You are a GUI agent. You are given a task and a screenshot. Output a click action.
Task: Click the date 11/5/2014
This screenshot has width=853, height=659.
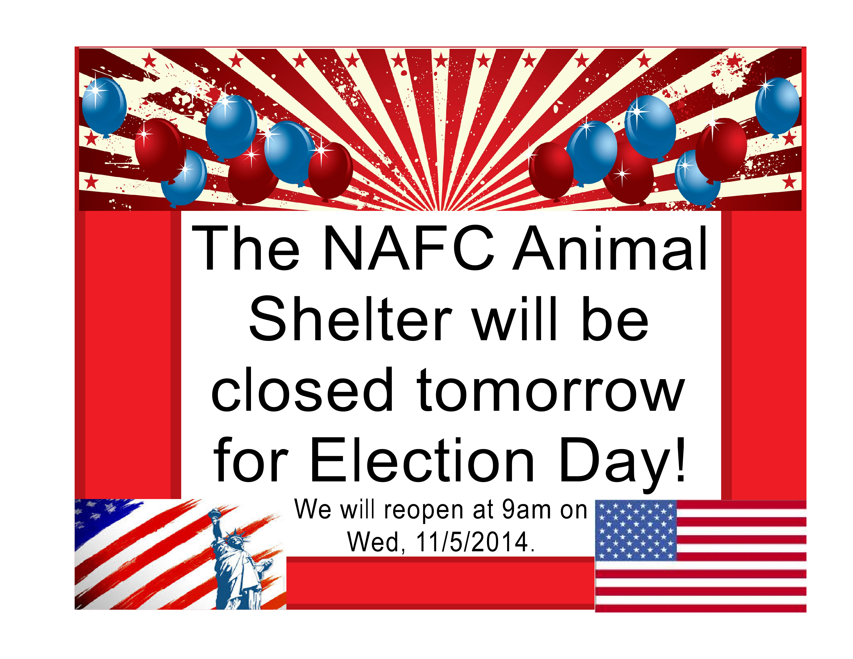472,542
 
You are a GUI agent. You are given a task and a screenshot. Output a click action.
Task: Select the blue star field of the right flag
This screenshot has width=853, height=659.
636,531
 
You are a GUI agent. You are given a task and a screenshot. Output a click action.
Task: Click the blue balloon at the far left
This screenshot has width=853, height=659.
104,106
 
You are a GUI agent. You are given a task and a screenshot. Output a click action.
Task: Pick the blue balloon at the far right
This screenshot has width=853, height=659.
777,106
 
